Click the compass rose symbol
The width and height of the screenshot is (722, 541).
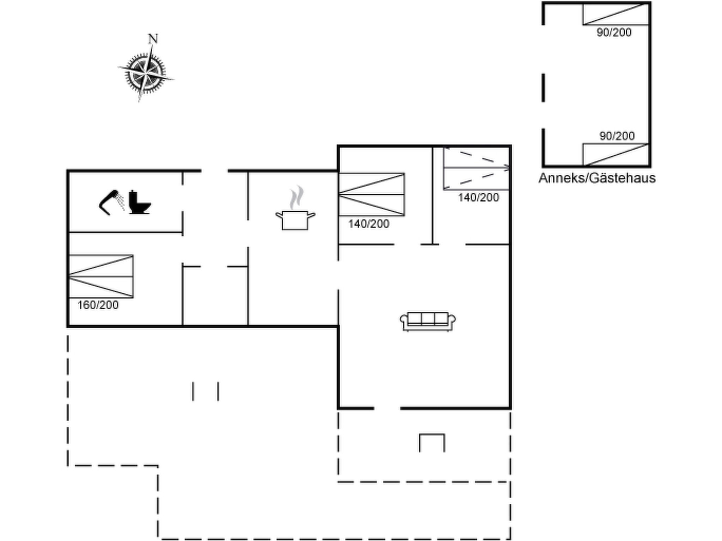146,73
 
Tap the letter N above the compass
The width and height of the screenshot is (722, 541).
153,39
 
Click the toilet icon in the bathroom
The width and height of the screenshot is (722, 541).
140,202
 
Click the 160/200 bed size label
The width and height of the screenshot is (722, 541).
98,305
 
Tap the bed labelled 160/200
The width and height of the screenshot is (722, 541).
101,276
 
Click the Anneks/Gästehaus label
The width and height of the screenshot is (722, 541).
597,178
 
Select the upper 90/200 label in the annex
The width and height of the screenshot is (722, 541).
614,32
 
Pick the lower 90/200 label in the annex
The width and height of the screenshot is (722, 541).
617,136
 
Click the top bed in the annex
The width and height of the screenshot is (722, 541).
616,14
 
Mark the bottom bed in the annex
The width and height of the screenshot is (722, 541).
616,154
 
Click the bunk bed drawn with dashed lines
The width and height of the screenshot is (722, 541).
476,168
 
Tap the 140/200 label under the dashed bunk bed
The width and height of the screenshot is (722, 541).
478,198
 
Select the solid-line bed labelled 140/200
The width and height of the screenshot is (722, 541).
372,194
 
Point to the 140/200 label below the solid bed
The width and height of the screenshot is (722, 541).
369,224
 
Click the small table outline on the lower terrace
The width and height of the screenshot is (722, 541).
432,443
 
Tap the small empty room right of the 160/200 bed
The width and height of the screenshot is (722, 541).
215,296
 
